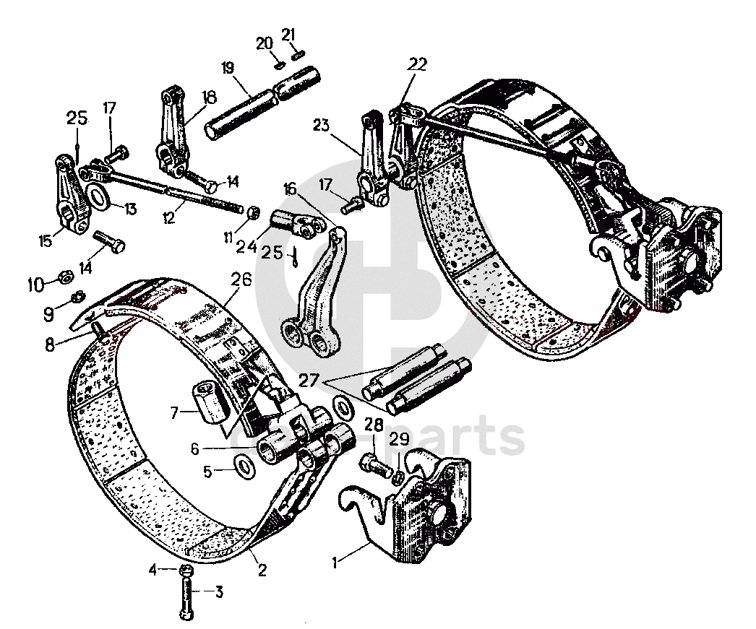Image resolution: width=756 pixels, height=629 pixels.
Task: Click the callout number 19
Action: pyautogui.click(x=228, y=69)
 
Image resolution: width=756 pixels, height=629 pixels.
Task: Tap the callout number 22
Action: pyautogui.click(x=417, y=64)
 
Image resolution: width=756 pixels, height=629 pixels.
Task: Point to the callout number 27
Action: pyautogui.click(x=309, y=381)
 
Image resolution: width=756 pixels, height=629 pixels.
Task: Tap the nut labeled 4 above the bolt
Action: pyautogui.click(x=186, y=570)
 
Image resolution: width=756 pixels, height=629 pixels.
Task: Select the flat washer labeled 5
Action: pyautogui.click(x=245, y=466)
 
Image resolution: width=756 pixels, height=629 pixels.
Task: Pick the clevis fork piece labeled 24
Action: pyautogui.click(x=293, y=223)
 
